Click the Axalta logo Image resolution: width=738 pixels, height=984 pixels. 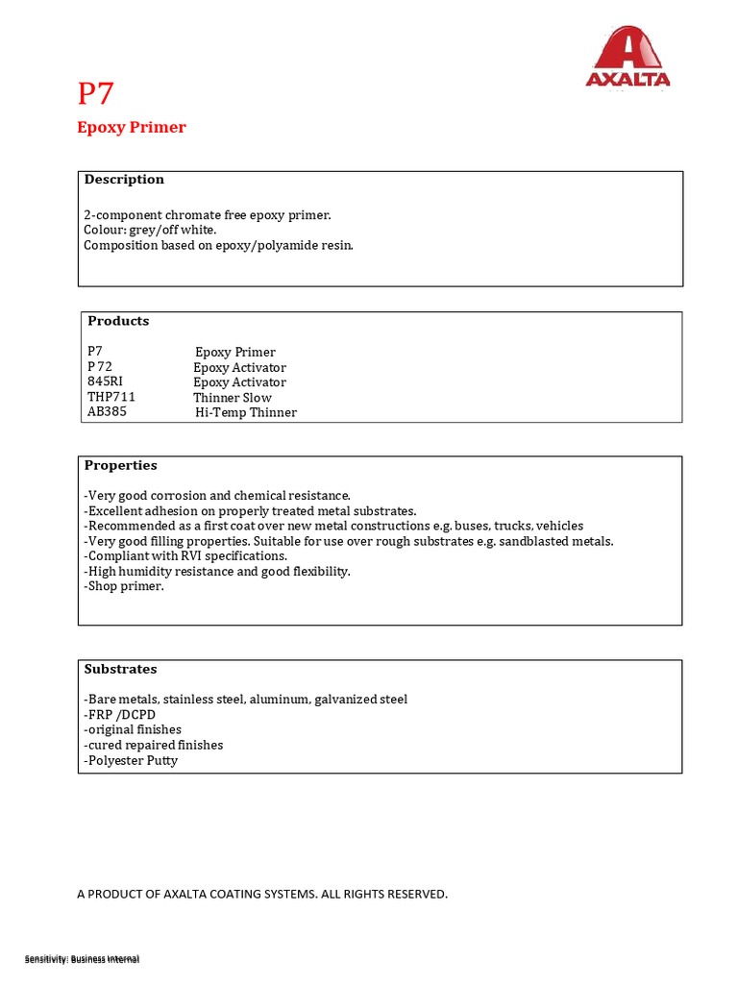coord(627,57)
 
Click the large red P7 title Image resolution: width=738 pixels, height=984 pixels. coord(96,94)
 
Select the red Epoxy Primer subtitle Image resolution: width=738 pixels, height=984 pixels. coord(132,128)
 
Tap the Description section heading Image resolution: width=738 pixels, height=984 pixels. coord(124,180)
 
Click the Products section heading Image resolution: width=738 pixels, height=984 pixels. coord(118,321)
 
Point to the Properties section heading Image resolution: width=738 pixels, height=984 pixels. coord(120,465)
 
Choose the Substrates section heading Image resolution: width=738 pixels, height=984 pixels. coord(120,669)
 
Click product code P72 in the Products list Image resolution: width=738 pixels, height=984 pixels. coord(100,367)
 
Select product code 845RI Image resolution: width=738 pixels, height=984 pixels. coord(105,381)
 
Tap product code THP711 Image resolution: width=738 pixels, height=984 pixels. coord(111,397)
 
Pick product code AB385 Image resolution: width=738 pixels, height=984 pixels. coord(107,411)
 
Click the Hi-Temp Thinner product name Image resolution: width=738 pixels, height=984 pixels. coord(246,412)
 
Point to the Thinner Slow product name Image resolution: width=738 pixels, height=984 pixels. coord(233,398)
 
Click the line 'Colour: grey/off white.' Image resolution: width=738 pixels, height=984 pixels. coord(150,231)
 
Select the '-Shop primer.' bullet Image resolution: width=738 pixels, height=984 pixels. coord(124,586)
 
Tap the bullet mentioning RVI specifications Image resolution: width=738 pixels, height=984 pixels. coord(185,556)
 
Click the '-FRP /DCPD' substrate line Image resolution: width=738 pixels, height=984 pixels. coord(120,715)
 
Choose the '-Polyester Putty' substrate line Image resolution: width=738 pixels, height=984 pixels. coord(131,760)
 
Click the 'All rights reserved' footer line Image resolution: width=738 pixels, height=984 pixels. coord(262,894)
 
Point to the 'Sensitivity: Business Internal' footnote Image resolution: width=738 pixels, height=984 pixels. coord(82,959)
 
